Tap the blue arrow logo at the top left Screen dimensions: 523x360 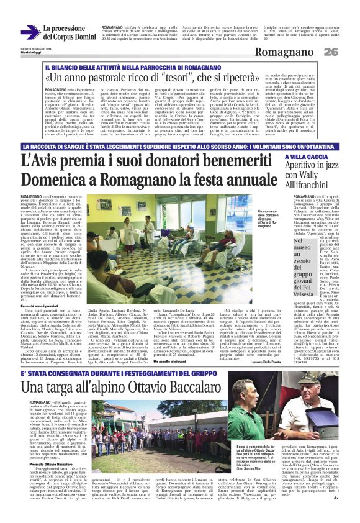tap(29, 32)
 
